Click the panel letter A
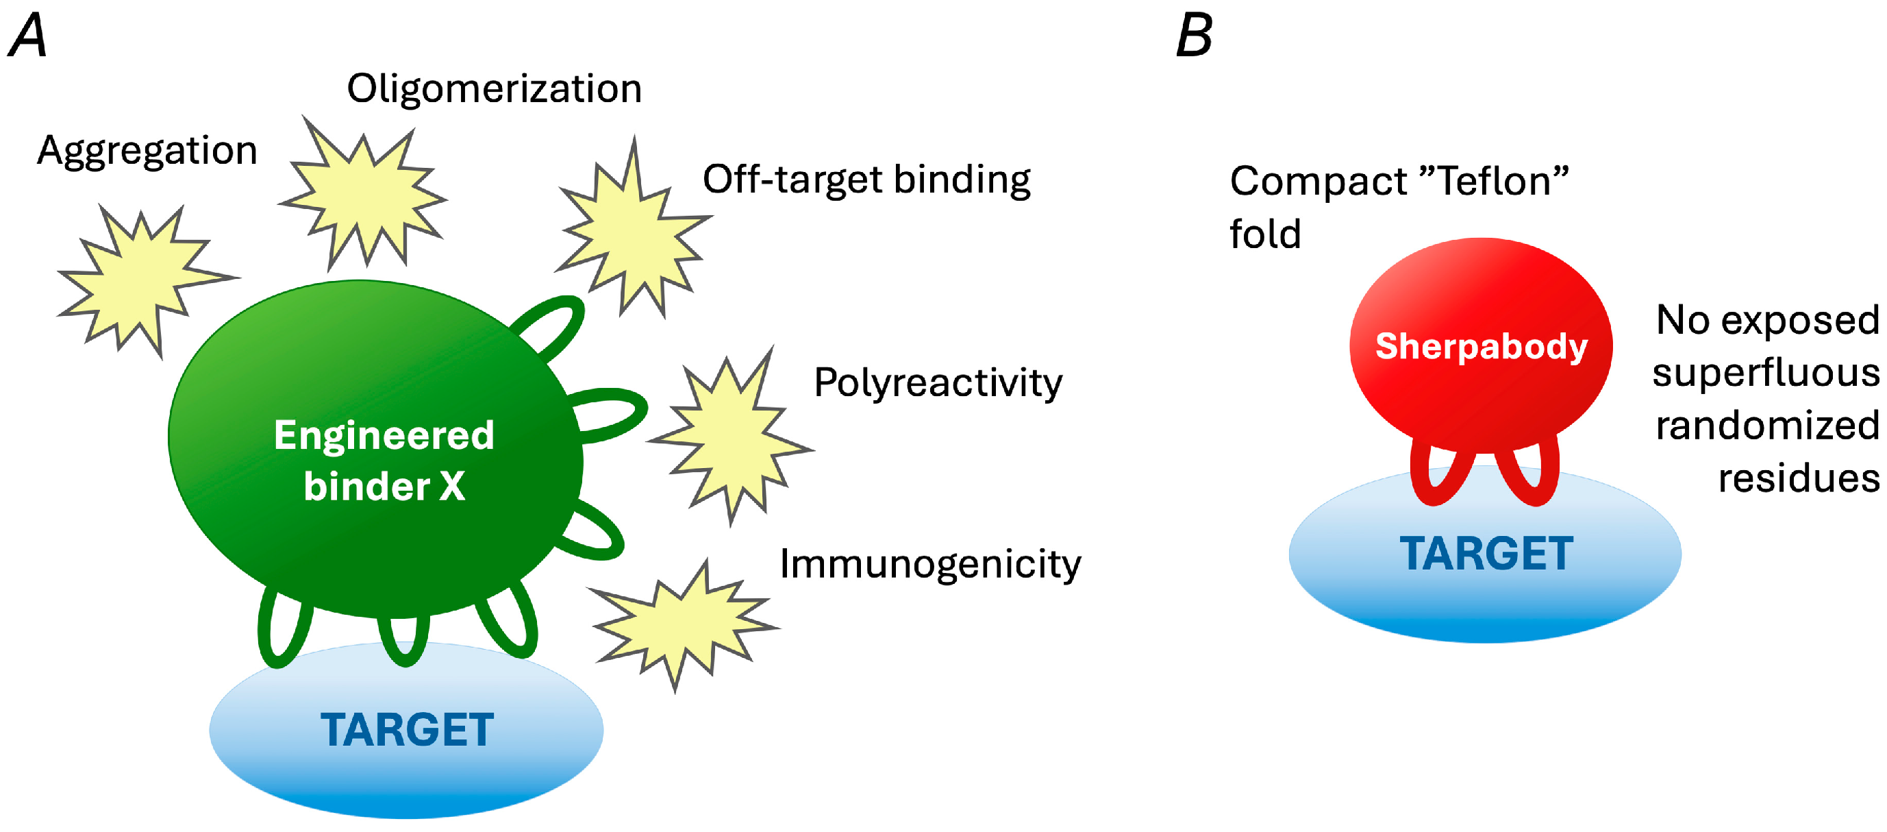click(x=28, y=36)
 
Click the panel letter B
click(x=1193, y=36)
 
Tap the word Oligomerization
click(x=495, y=88)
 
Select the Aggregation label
click(x=147, y=151)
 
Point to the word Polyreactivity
click(x=938, y=382)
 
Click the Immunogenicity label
click(x=929, y=565)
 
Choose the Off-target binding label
click(x=866, y=180)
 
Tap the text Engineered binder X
click(x=384, y=461)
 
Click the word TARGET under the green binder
click(x=407, y=730)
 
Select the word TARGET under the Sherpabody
click(x=1486, y=554)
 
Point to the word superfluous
click(x=1765, y=372)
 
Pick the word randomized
click(x=1767, y=425)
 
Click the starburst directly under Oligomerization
click(x=363, y=194)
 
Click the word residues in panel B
click(x=1799, y=478)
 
